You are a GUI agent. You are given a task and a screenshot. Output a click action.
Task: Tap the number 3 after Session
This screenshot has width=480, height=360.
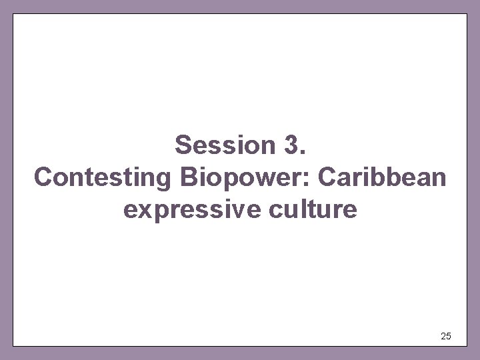(291, 145)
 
